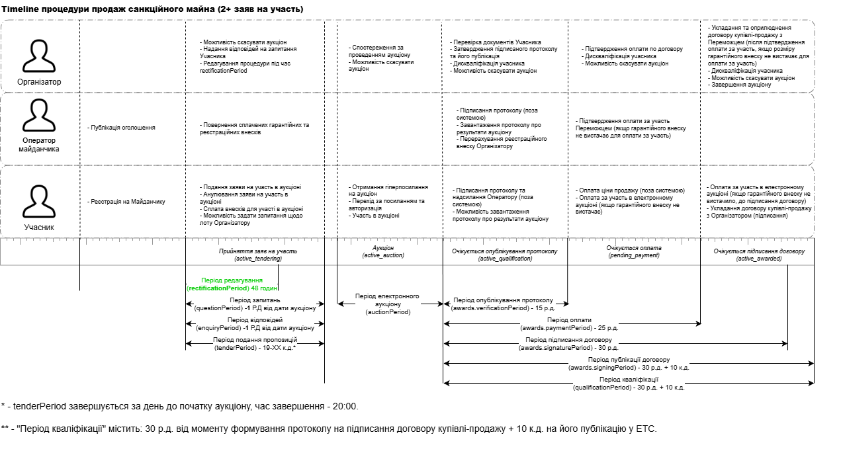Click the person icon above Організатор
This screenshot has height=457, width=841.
[39, 55]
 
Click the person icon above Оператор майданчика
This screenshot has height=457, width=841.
[39, 115]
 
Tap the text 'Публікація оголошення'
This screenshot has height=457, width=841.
[122, 127]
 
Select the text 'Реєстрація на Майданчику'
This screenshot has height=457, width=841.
[127, 202]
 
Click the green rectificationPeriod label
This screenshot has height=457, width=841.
[232, 284]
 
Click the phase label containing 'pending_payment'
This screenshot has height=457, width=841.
[633, 252]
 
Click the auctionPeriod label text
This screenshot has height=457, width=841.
[388, 304]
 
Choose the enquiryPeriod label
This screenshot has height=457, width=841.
[255, 323]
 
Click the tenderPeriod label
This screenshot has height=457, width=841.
[255, 343]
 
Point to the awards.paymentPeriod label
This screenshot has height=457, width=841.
[564, 324]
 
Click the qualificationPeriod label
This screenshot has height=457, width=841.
[628, 384]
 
